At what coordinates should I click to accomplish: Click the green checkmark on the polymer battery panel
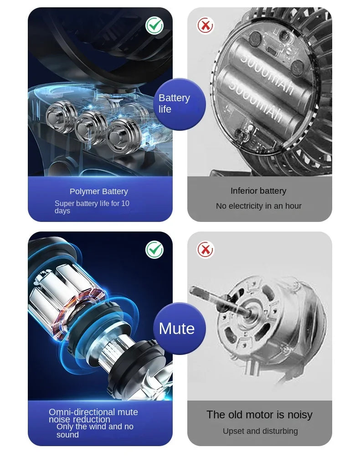tap(154, 26)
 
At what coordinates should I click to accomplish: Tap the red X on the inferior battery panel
tap(206, 26)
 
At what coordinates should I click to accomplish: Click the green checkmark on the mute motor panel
tap(154, 250)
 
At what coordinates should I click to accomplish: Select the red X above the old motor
tap(206, 250)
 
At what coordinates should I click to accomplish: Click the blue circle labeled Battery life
tap(180, 104)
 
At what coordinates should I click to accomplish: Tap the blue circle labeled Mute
tap(180, 328)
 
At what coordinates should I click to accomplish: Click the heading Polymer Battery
tap(99, 191)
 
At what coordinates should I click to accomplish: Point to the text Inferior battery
tap(258, 191)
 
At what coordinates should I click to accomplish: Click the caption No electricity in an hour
tap(259, 206)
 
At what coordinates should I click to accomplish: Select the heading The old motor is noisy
tap(259, 415)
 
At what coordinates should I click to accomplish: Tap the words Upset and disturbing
tap(260, 431)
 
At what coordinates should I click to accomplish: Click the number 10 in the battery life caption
tap(125, 203)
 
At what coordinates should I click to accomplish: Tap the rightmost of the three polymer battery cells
tap(122, 136)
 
